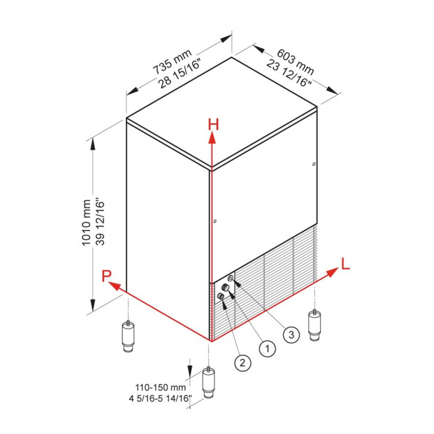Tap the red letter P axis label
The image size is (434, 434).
click(x=107, y=275)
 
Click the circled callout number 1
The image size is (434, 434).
click(x=268, y=348)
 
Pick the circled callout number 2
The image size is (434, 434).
click(x=243, y=363)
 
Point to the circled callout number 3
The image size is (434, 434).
click(x=292, y=335)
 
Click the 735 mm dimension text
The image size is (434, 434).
click(x=172, y=62)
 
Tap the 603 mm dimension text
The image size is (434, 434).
click(x=295, y=62)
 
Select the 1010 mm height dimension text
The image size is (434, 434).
click(x=86, y=222)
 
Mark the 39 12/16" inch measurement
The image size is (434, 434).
click(x=100, y=221)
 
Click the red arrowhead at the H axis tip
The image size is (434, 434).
click(x=212, y=137)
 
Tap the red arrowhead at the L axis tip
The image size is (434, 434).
click(x=333, y=272)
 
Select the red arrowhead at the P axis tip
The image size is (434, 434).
click(x=114, y=286)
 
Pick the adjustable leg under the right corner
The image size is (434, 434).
click(x=315, y=325)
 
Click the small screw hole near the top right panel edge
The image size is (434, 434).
click(x=314, y=164)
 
